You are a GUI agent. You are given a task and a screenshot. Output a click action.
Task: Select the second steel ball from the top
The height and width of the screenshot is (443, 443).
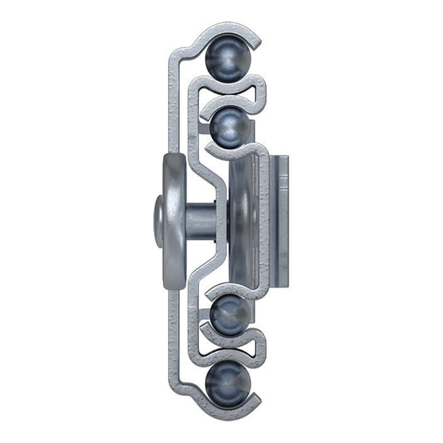[x=229, y=127]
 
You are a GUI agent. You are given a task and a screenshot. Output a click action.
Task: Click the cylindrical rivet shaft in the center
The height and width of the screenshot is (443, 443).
[x=199, y=220]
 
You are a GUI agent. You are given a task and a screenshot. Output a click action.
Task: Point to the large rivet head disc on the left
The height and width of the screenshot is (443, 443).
[x=171, y=219]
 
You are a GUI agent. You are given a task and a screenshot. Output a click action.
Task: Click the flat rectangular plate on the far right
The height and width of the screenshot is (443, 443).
[x=281, y=219]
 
